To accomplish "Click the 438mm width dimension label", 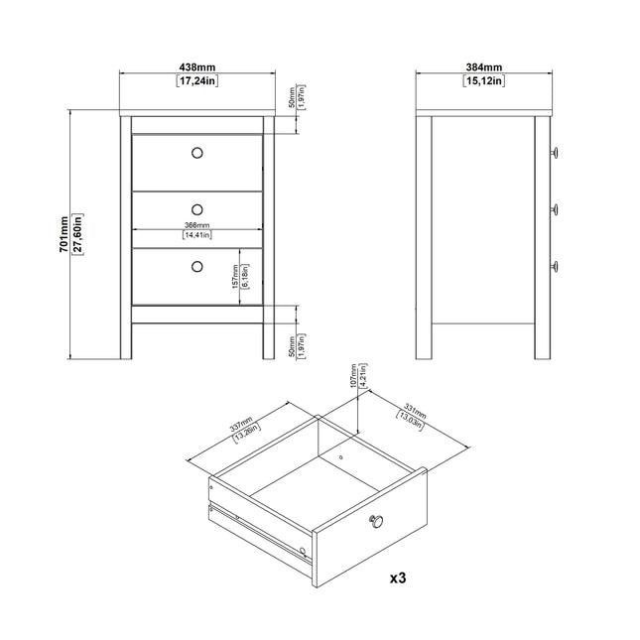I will [x=196, y=66].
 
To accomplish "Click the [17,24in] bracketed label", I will [x=196, y=81].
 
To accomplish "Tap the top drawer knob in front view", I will [x=196, y=152].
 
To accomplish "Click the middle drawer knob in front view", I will [x=196, y=208].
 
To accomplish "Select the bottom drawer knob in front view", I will [x=196, y=265].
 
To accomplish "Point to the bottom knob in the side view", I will [x=556, y=265].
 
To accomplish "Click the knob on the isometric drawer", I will [x=376, y=520].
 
